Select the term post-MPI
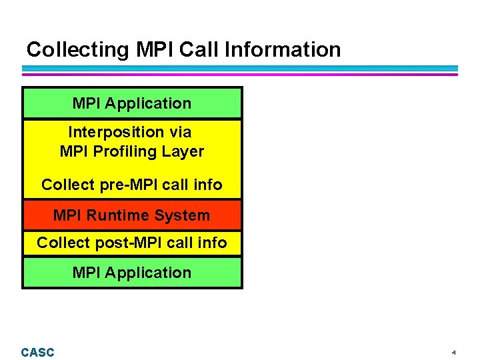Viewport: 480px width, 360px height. pos(129,243)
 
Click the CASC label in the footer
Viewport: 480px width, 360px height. pos(37,352)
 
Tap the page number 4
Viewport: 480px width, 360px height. pos(453,352)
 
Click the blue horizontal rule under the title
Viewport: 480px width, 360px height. pos(240,68)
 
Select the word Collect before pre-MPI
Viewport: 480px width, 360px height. pos(66,185)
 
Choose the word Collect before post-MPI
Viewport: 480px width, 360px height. pos(61,243)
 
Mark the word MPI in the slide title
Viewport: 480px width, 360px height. pos(153,50)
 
